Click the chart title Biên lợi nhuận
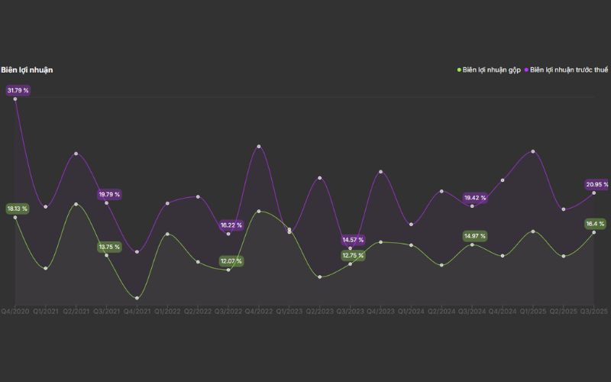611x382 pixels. click(27, 70)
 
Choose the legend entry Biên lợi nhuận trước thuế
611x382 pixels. click(568, 70)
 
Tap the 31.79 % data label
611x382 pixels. click(18, 90)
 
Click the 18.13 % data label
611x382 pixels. click(17, 209)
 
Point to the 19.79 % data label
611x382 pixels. click(108, 195)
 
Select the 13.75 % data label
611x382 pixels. click(108, 247)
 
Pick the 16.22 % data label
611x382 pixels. click(231, 225)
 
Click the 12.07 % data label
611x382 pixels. click(231, 261)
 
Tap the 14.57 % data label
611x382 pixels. click(353, 240)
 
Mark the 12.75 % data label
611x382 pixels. click(353, 255)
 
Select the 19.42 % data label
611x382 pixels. click(475, 198)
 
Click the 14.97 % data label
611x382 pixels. click(475, 236)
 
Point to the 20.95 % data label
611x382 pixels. click(596, 184)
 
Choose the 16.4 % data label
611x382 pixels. click(596, 224)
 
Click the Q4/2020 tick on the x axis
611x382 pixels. click(15, 311)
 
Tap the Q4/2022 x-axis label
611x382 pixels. click(259, 311)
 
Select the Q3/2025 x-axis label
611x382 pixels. click(594, 311)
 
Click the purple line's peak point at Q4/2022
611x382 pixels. click(259, 146)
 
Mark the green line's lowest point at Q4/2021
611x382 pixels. click(137, 298)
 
